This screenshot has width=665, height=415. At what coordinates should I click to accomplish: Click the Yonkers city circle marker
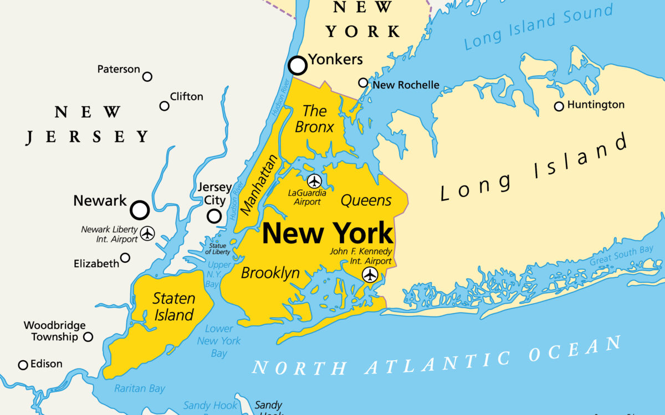pyautogui.click(x=298, y=66)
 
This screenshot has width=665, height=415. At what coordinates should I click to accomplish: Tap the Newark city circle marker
pyautogui.click(x=140, y=210)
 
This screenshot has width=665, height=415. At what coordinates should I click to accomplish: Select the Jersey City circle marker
pyautogui.click(x=214, y=216)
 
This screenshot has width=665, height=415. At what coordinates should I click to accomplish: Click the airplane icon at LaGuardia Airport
pyautogui.click(x=314, y=181)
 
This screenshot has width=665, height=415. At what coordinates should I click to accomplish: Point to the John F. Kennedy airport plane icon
pyautogui.click(x=370, y=274)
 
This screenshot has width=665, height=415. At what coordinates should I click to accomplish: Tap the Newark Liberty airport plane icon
pyautogui.click(x=147, y=234)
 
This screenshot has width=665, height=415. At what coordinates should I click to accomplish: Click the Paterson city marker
pyautogui.click(x=147, y=77)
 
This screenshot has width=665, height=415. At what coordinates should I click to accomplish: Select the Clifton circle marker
pyautogui.click(x=165, y=106)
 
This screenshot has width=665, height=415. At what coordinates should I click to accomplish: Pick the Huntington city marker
pyautogui.click(x=559, y=106)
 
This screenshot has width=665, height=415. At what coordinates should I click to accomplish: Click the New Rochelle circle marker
pyautogui.click(x=363, y=83)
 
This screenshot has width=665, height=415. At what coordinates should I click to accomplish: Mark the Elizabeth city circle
pyautogui.click(x=126, y=258)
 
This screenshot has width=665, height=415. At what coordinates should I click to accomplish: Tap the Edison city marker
pyautogui.click(x=23, y=365)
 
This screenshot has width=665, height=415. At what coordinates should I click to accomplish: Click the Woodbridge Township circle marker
pyautogui.click(x=88, y=337)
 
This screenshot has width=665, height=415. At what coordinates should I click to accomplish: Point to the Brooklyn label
pyautogui.click(x=270, y=273)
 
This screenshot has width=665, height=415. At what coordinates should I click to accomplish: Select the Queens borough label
pyautogui.click(x=366, y=200)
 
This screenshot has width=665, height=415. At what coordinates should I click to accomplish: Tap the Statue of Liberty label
pyautogui.click(x=218, y=249)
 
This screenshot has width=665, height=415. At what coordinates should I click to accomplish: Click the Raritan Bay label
pyautogui.click(x=140, y=389)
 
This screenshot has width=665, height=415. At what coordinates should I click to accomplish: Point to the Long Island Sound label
pyautogui.click(x=539, y=26)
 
